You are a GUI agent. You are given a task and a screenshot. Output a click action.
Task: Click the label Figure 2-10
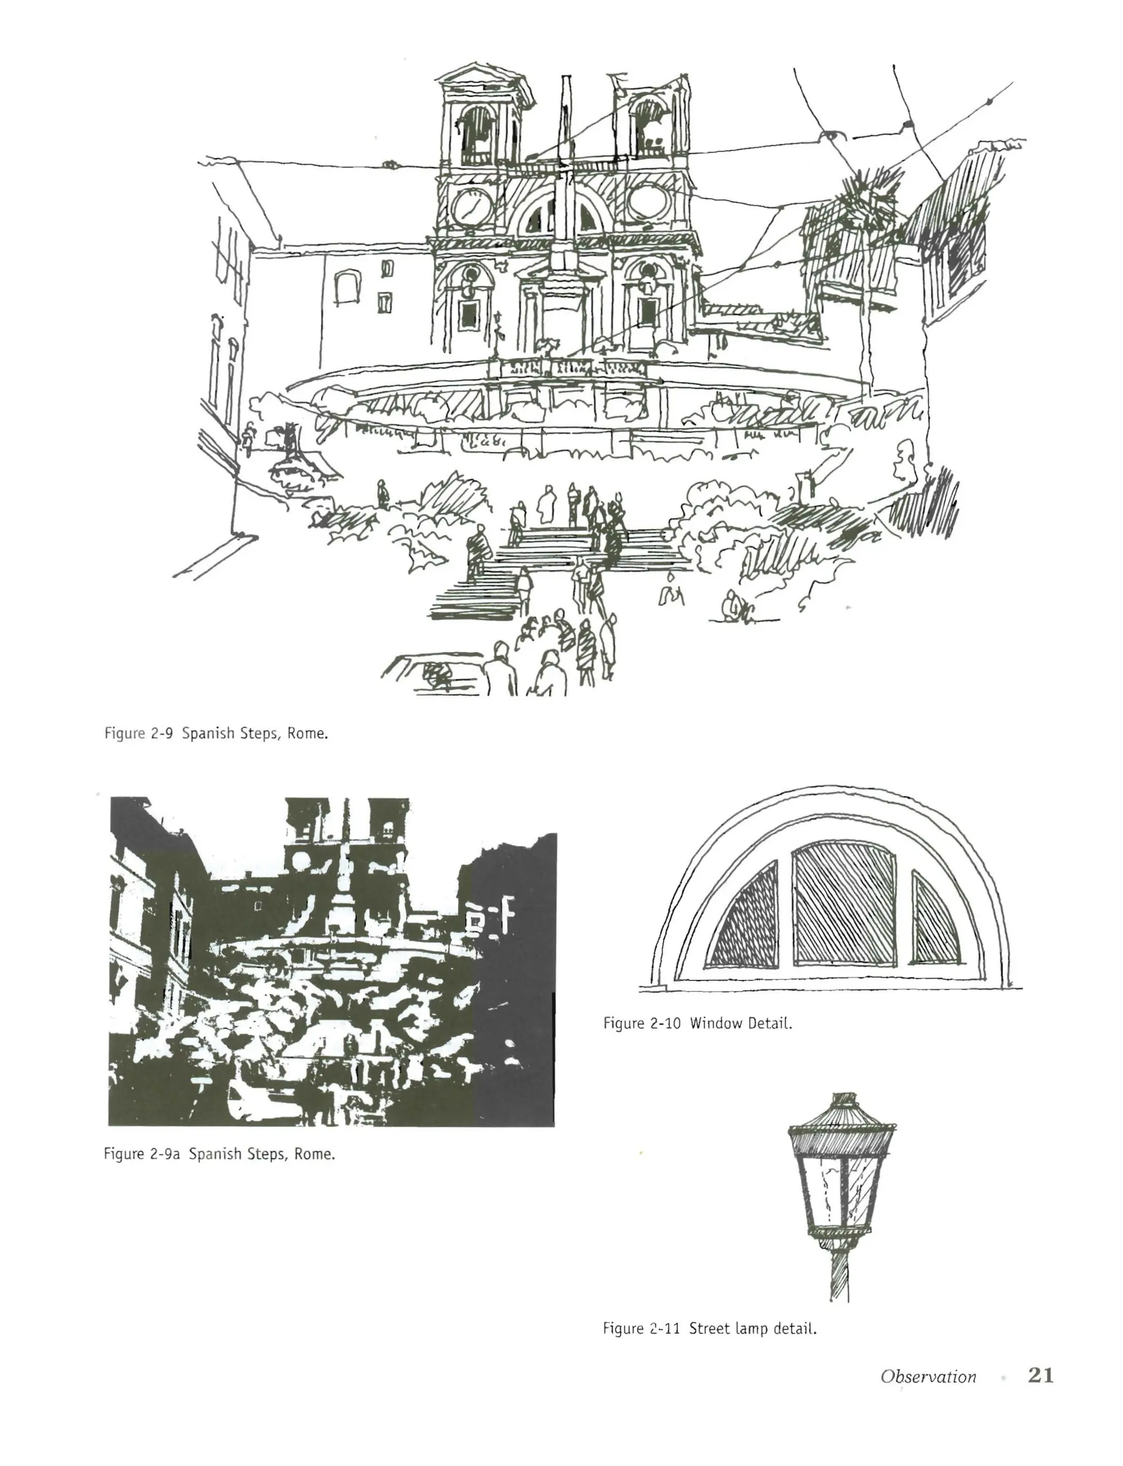[x=641, y=1023]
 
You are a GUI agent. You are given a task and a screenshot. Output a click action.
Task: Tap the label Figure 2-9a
[x=141, y=1154]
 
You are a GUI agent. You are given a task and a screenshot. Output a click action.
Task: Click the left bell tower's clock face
[x=472, y=207]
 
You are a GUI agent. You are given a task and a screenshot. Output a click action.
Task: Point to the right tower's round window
[x=648, y=201]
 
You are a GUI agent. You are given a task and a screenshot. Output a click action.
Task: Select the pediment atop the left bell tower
[x=478, y=75]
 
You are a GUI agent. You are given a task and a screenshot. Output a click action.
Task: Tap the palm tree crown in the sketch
[x=863, y=194]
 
